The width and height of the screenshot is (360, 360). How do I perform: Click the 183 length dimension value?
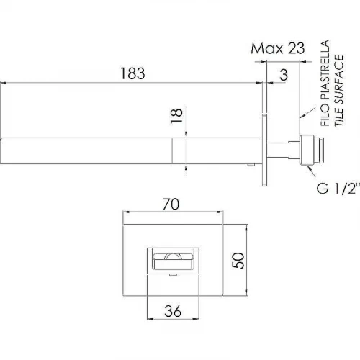click(x=132, y=73)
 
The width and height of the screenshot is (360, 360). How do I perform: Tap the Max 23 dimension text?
click(x=278, y=48)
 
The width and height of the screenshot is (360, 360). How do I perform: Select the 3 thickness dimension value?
click(x=284, y=75)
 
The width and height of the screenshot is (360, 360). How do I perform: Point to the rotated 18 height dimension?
click(x=176, y=116)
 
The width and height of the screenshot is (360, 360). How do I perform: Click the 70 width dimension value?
click(x=171, y=204)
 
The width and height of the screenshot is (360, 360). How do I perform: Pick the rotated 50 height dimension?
click(x=238, y=261)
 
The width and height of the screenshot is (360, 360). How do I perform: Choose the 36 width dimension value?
click(x=173, y=311)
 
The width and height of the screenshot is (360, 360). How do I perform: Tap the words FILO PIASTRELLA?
click(x=325, y=83)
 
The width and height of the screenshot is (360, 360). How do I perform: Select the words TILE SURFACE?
click(x=339, y=91)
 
